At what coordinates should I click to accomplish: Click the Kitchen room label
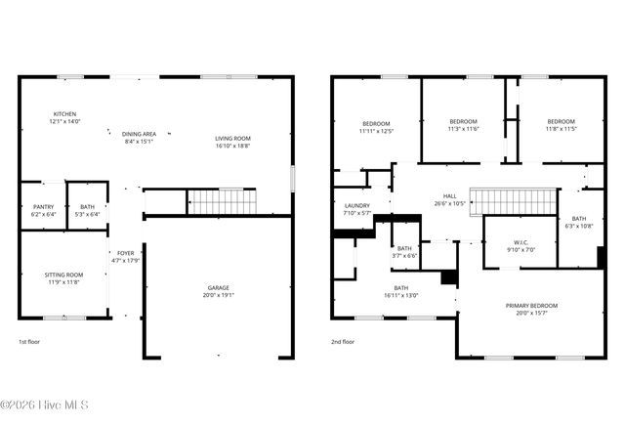tap(64, 114)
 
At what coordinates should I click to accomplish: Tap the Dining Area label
tap(139, 134)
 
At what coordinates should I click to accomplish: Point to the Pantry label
tap(43, 206)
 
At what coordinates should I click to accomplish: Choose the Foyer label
tap(126, 253)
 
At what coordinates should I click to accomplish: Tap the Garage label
tap(219, 287)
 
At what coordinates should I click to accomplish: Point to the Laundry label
tap(357, 205)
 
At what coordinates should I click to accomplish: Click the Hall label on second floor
tap(450, 196)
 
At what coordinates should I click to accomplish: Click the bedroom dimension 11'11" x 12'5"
tap(375, 130)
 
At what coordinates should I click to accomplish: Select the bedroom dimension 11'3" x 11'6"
tap(463, 128)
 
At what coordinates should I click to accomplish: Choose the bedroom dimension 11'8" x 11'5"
tap(561, 128)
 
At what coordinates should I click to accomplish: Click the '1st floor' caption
tap(30, 342)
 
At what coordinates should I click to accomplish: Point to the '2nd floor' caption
tap(343, 342)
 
